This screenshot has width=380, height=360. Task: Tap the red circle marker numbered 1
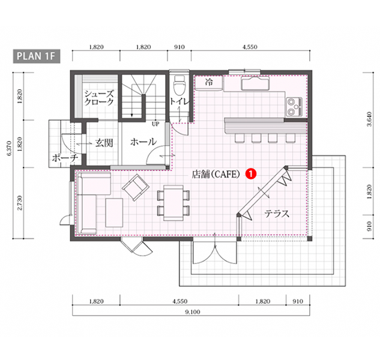tap(252, 173)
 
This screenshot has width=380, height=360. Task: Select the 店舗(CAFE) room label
tap(216, 174)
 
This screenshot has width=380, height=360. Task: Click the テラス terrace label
tap(277, 213)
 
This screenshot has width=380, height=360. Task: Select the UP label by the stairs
tap(155, 125)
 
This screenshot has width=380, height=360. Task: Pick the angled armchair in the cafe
tap(136, 188)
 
